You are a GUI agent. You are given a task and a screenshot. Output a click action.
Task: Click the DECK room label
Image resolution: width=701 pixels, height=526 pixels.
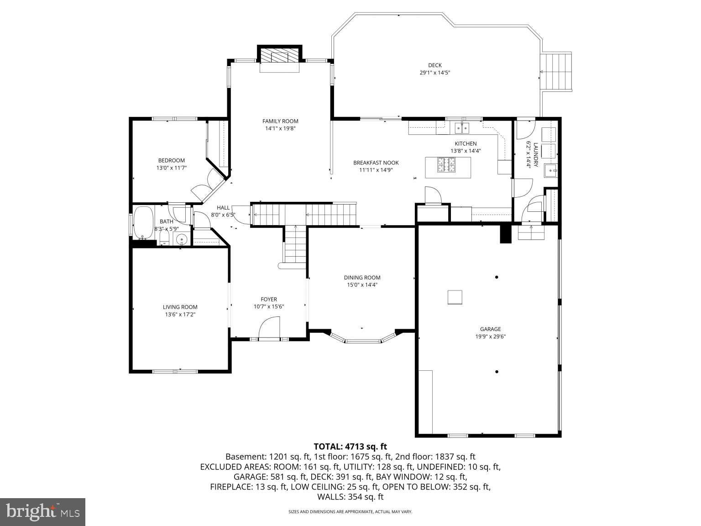coord(434,65)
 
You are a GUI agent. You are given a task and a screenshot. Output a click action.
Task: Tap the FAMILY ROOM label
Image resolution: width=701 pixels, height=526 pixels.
coord(280,121)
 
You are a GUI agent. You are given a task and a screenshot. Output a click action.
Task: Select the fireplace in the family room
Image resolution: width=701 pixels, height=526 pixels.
coord(279,58)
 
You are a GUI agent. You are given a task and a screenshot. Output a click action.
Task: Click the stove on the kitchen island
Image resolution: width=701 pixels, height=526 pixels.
coord(447,165)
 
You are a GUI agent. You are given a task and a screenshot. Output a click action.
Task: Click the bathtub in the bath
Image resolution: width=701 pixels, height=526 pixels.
coord(143,223)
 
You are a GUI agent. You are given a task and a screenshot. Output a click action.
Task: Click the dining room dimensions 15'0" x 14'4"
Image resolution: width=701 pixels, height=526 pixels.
coord(362,285)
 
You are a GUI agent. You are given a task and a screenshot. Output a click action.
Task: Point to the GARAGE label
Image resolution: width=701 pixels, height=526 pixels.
coord(490,329)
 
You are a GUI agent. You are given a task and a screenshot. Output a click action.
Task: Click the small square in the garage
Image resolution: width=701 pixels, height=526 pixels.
coord(455,297)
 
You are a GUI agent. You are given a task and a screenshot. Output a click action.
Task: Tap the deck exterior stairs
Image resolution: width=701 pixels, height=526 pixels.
coord(556,72)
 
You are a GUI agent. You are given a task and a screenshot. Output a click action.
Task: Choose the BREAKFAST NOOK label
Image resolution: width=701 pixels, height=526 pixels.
coord(376,163)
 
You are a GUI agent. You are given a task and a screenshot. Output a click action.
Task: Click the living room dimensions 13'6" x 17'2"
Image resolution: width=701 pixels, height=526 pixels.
coord(180,314)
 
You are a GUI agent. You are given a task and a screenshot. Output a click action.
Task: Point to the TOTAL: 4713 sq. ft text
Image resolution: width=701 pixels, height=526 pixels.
coord(350,446)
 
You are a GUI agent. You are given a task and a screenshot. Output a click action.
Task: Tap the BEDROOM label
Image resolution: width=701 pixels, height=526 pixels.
coord(171,160)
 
